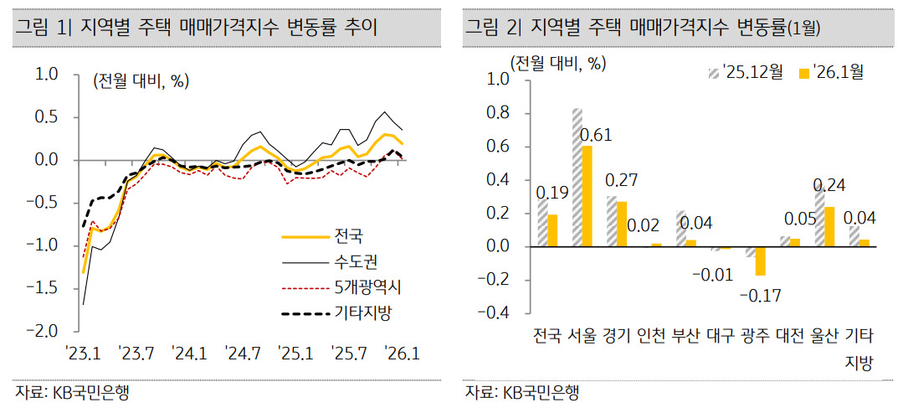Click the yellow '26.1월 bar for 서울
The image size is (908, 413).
(587, 196)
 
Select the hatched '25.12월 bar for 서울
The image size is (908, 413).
(577, 178)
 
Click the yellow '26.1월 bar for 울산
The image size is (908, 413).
(828, 226)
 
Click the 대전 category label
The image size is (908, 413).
(790, 337)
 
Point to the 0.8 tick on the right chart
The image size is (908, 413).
(498, 113)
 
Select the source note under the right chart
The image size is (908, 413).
(522, 393)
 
